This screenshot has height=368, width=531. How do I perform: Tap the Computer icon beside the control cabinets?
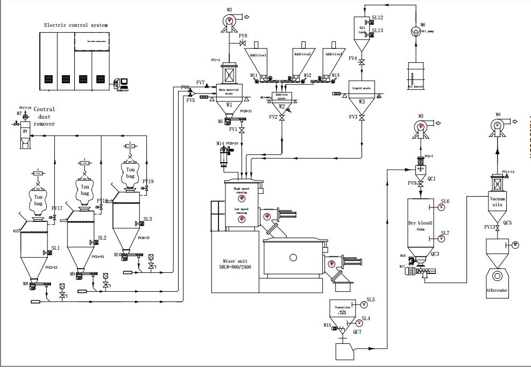click(x=123, y=84)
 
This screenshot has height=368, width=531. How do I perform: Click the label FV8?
click(x=243, y=36)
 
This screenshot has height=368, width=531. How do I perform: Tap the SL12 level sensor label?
click(x=377, y=18)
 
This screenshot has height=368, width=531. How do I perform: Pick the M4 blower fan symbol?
click(x=499, y=127)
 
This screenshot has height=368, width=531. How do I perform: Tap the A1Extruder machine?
click(x=497, y=279)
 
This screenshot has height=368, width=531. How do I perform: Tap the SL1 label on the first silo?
click(x=55, y=248)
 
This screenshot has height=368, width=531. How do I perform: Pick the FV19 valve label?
click(x=148, y=182)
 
